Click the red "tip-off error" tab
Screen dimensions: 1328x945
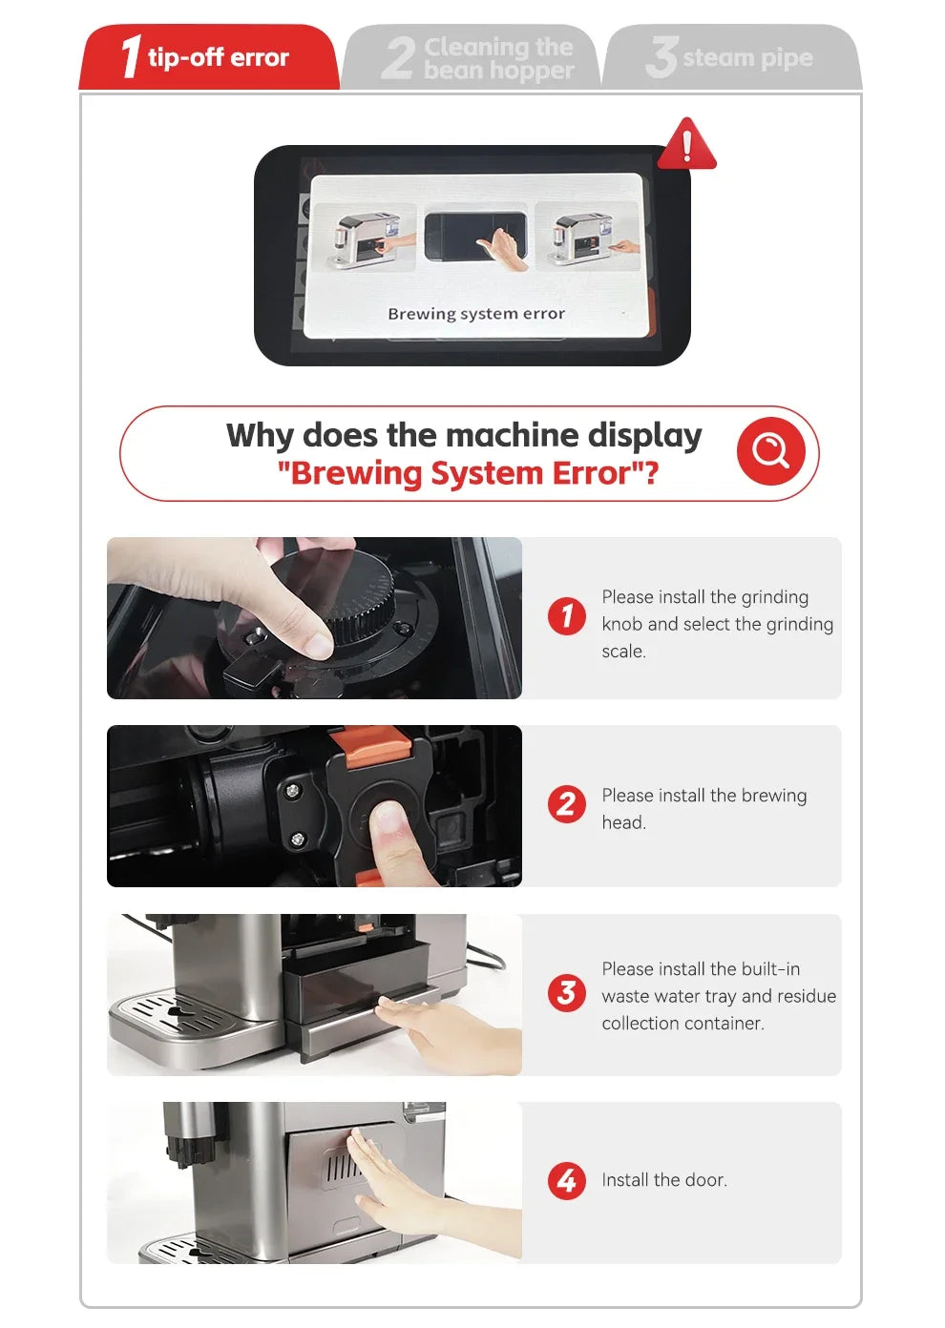(208, 57)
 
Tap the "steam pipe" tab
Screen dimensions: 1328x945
(732, 58)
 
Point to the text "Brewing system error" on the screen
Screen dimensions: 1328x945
(475, 314)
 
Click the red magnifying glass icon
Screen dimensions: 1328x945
(770, 451)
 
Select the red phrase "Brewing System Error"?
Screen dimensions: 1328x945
(468, 473)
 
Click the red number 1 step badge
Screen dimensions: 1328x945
(567, 615)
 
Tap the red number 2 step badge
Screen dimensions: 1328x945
(567, 804)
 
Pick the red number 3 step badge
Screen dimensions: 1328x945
(567, 993)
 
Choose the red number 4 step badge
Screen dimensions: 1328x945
(567, 1181)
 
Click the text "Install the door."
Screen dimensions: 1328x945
(664, 1181)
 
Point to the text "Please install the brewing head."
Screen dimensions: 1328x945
(703, 808)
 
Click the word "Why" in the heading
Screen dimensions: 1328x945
(260, 436)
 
